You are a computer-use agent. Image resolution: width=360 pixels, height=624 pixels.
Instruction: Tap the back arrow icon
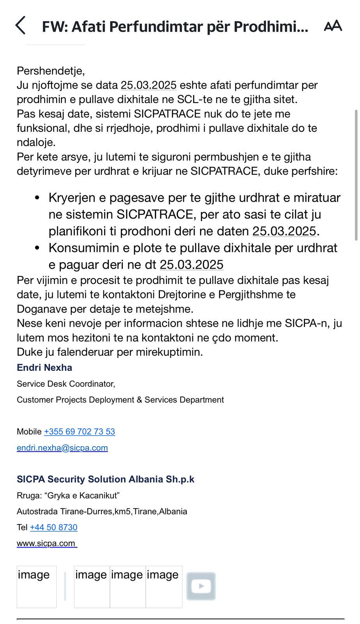click(20, 26)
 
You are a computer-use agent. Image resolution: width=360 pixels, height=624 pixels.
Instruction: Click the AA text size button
click(333, 26)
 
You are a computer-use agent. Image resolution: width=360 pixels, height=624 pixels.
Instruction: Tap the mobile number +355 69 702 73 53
click(80, 432)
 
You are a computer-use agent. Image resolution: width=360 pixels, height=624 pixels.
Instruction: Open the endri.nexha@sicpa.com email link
click(62, 448)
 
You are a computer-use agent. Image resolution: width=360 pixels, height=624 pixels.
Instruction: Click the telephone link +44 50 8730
click(54, 527)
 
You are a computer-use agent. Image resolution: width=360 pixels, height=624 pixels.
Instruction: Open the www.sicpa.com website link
click(46, 543)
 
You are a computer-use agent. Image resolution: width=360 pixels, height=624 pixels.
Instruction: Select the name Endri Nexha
click(44, 368)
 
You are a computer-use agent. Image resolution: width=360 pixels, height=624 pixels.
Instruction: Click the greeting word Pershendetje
click(50, 71)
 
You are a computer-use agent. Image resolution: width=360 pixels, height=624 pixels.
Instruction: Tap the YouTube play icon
click(201, 586)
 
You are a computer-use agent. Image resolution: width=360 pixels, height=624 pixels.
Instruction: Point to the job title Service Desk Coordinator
click(66, 384)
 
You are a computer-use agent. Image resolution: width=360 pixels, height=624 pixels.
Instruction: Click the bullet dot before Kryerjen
click(37, 198)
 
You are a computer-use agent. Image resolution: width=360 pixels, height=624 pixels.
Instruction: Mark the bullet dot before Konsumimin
click(37, 248)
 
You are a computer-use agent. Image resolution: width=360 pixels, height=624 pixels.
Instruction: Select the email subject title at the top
click(175, 27)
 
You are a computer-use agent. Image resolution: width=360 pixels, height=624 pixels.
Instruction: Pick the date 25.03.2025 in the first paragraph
click(149, 85)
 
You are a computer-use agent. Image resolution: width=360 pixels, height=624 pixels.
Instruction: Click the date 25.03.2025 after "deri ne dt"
click(192, 265)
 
